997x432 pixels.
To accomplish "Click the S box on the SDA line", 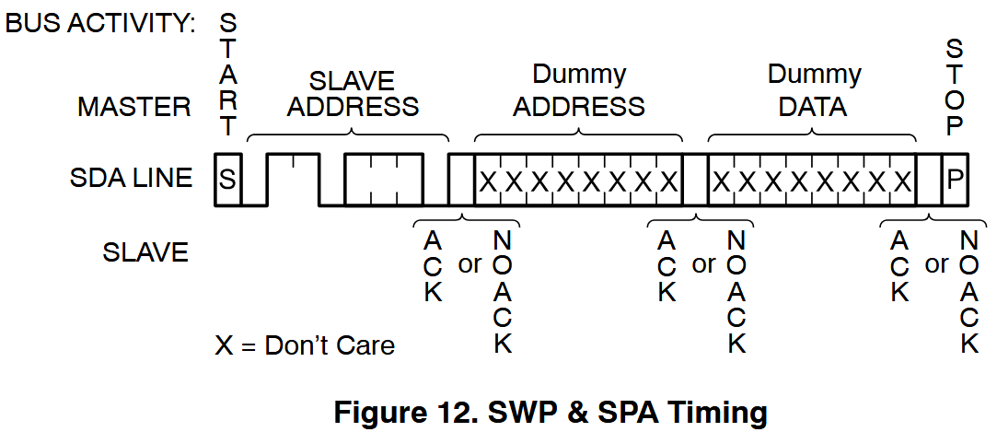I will (x=226, y=181).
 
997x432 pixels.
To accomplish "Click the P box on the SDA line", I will (x=955, y=181).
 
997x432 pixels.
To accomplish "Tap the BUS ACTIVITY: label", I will (x=101, y=24).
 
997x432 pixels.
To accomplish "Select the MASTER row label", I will (x=134, y=107).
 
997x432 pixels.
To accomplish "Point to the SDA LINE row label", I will (x=132, y=179).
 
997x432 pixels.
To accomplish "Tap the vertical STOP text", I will (x=955, y=88).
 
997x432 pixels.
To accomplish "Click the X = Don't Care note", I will (x=305, y=345).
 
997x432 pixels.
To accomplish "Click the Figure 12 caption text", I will (x=550, y=412).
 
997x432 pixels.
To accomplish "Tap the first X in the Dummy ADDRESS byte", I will (x=488, y=181).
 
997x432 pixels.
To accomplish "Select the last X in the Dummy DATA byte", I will (x=903, y=181).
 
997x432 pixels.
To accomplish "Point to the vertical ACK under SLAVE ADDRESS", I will (x=433, y=266).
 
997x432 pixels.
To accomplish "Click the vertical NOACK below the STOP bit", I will (x=968, y=292).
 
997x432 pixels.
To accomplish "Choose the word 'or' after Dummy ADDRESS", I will (x=703, y=264).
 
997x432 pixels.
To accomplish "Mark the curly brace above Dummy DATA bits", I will (x=813, y=135).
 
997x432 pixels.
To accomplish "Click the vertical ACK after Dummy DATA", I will (x=899, y=266).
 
